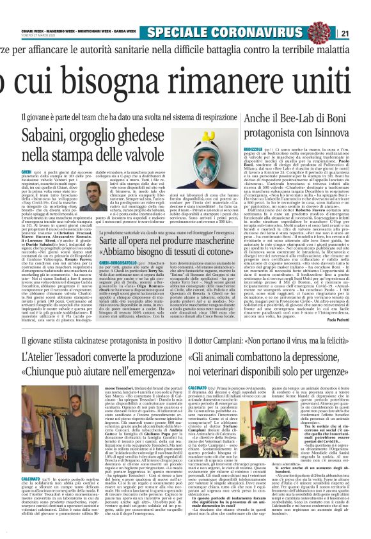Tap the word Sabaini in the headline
pyautogui.click(x=43, y=135)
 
